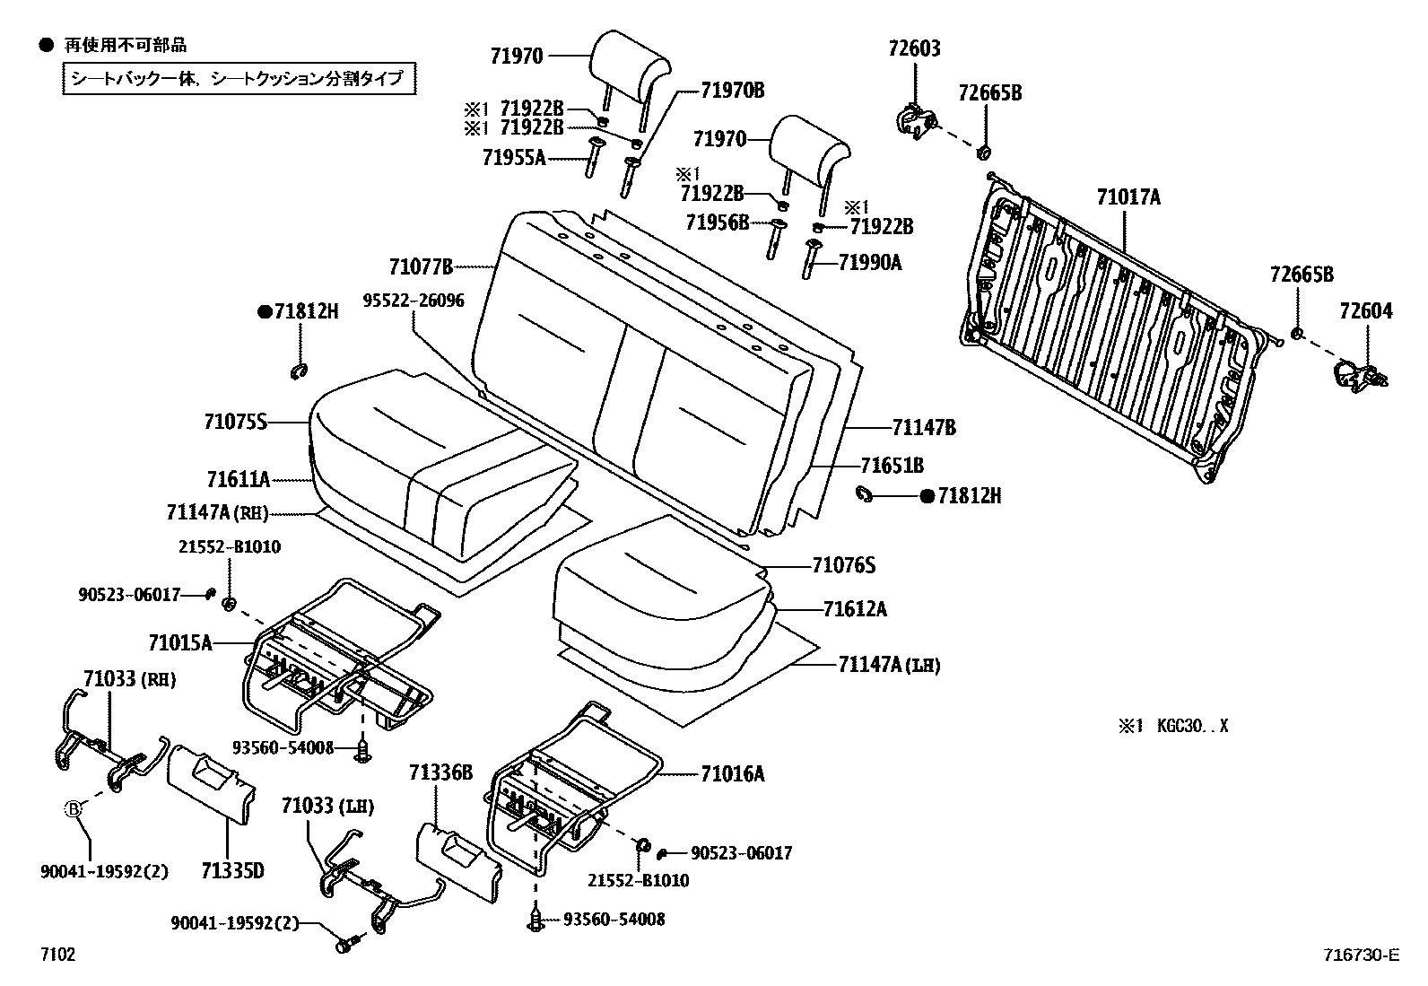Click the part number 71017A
point(1128,197)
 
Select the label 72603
point(914,48)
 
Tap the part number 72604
point(1366,311)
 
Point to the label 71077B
point(421,266)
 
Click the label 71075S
point(236,422)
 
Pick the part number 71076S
point(843,565)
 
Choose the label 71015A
point(180,642)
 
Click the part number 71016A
point(733,773)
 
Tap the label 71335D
point(232,870)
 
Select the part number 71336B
point(440,772)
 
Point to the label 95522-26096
point(414,301)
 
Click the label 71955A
point(514,158)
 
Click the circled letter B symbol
point(74,809)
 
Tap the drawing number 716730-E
point(1358,955)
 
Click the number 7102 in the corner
point(57,955)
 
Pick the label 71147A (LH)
point(890,664)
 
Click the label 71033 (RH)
point(130,679)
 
